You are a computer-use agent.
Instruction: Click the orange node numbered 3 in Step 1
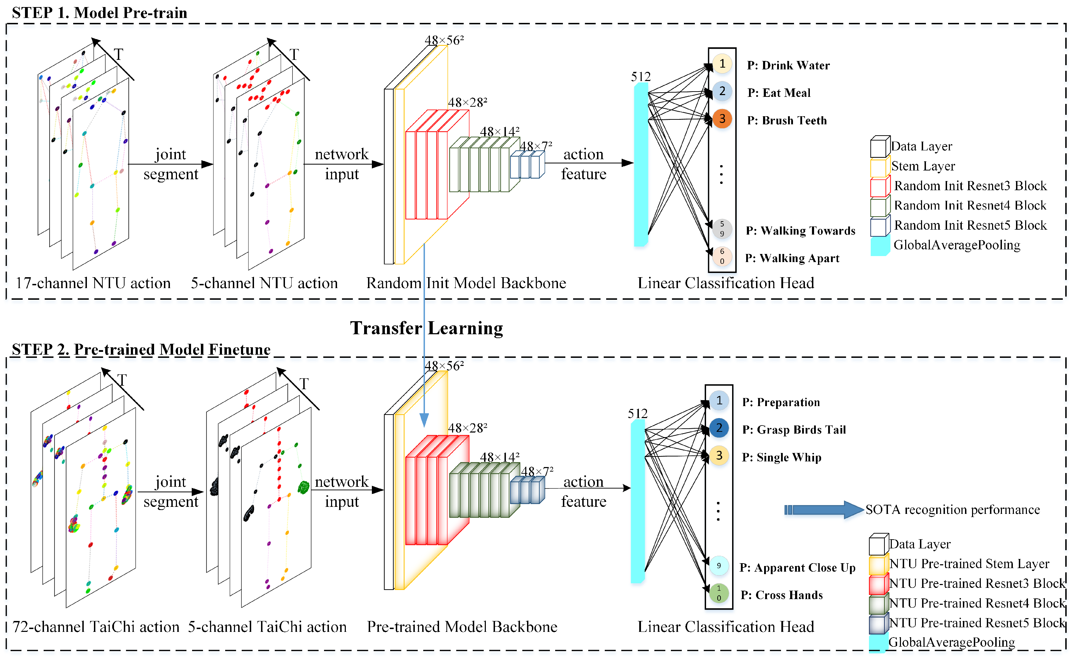click(722, 119)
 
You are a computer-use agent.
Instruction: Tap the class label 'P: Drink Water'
click(788, 66)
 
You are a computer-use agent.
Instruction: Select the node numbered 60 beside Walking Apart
click(722, 256)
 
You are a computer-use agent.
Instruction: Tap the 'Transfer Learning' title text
click(426, 328)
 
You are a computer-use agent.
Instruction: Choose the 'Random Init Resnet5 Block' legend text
click(970, 225)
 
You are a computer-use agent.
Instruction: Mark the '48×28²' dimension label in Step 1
click(467, 102)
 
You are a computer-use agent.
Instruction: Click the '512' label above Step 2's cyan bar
click(637, 414)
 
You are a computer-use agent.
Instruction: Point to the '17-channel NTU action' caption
click(93, 283)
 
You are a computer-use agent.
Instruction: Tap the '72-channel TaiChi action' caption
click(96, 627)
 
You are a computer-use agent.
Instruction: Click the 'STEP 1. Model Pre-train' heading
click(99, 13)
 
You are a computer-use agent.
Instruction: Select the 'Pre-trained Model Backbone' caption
click(462, 627)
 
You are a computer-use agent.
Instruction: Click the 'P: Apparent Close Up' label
click(797, 568)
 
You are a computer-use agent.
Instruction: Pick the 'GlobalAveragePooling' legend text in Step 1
click(957, 245)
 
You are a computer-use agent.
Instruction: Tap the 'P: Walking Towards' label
click(800, 231)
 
